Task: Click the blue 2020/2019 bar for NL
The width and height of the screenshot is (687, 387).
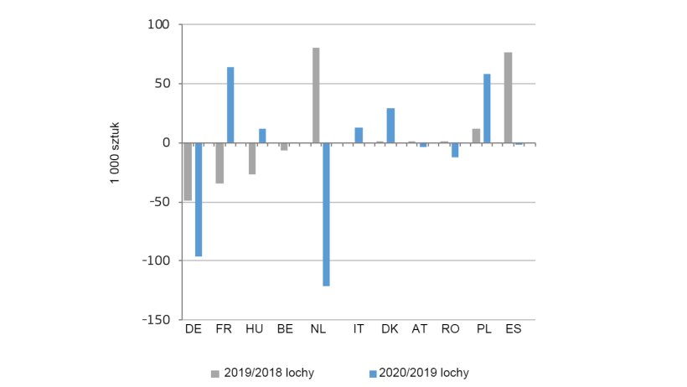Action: (x=327, y=214)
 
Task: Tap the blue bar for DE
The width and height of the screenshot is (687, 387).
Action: (x=199, y=199)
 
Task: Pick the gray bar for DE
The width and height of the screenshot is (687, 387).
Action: (x=188, y=171)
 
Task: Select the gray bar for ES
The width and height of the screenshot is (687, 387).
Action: (x=508, y=97)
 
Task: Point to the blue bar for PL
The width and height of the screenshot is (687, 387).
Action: (x=487, y=108)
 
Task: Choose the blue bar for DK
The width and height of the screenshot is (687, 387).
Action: (x=390, y=125)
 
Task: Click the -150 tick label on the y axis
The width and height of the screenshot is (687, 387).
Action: (x=158, y=320)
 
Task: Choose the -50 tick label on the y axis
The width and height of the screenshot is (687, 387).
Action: (x=160, y=202)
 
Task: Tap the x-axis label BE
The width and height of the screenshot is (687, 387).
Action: (x=285, y=329)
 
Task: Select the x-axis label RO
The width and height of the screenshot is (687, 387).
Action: (x=450, y=329)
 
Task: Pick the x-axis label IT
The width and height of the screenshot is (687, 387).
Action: (x=359, y=329)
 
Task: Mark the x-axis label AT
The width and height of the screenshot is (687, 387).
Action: (x=419, y=329)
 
